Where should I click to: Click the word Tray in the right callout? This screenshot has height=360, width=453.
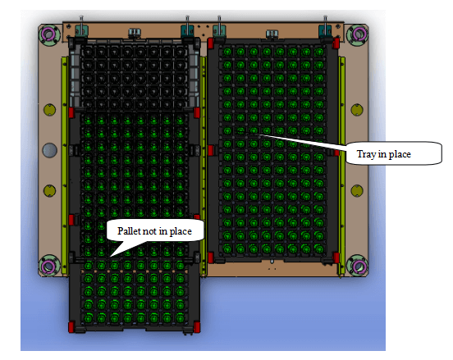coord(366,154)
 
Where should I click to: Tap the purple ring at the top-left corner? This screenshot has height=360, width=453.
coord(48,34)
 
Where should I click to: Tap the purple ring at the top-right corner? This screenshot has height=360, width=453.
coord(359,34)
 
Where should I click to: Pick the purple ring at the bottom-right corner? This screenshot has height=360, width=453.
coord(358,266)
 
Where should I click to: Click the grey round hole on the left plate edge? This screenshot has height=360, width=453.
coord(50,150)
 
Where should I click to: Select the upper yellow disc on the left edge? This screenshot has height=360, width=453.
coord(50,110)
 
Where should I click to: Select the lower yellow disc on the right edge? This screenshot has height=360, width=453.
coord(357,191)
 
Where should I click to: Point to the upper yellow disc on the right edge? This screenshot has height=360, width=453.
coord(357,110)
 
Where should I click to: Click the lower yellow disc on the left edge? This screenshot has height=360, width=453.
coord(50,191)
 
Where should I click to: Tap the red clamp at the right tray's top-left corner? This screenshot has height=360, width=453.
coord(211,43)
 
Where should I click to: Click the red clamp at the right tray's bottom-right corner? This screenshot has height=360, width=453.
coord(336,257)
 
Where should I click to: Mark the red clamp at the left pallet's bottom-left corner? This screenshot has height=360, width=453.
coord(71,327)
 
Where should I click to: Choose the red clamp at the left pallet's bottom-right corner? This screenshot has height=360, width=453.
coord(197,327)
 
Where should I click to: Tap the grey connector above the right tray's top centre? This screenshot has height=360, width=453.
coord(272,34)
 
